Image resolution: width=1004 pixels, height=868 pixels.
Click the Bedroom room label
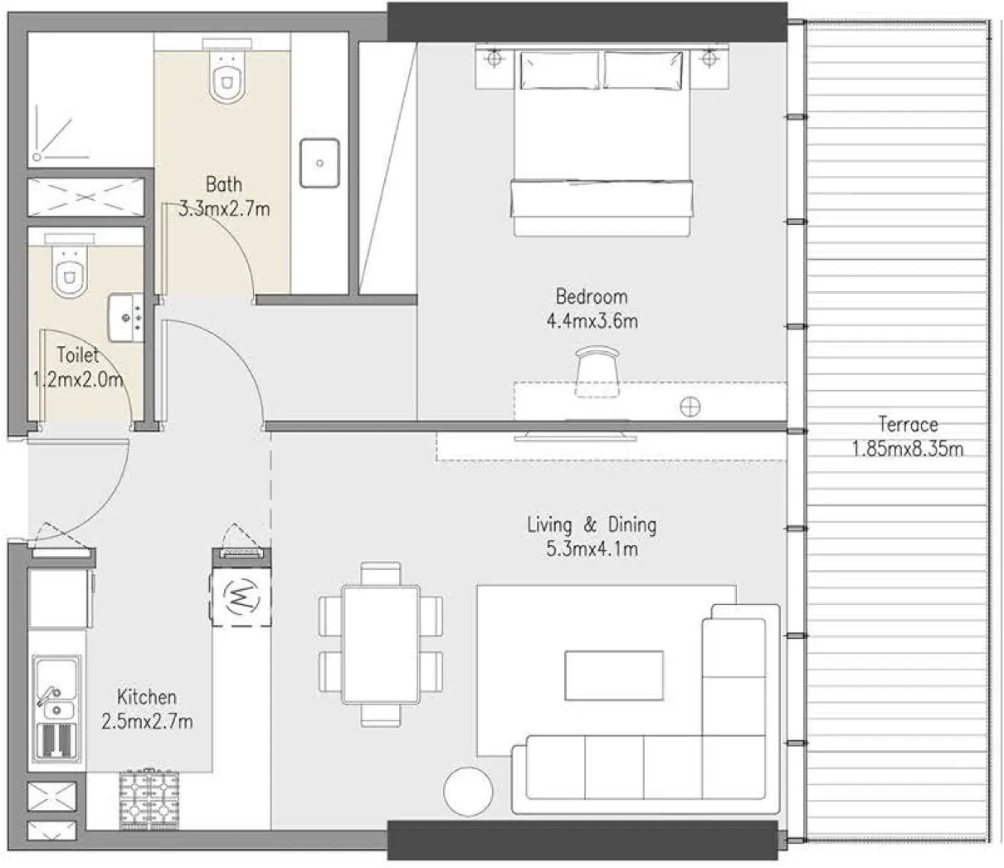[x=592, y=296]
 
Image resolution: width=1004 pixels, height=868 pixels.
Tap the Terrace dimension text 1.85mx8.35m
[x=908, y=450]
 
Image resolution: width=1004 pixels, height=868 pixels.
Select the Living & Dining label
[x=592, y=524]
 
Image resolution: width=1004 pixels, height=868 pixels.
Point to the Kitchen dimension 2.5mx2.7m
[x=147, y=722]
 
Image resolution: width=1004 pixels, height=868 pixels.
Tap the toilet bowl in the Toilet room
[x=69, y=271]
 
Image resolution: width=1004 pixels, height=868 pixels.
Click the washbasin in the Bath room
[x=319, y=163]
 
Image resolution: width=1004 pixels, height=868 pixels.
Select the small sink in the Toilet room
[x=125, y=317]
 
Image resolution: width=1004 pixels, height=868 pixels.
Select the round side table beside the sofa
[x=468, y=791]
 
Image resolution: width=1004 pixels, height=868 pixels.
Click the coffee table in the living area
[x=614, y=675]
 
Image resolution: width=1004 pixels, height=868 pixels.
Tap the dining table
[x=381, y=644]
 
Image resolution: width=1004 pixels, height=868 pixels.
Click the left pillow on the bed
[x=558, y=70]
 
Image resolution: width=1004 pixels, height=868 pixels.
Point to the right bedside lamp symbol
[x=709, y=60]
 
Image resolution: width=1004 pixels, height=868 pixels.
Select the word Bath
[x=224, y=183]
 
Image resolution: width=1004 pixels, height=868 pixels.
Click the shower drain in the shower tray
[x=37, y=155]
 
